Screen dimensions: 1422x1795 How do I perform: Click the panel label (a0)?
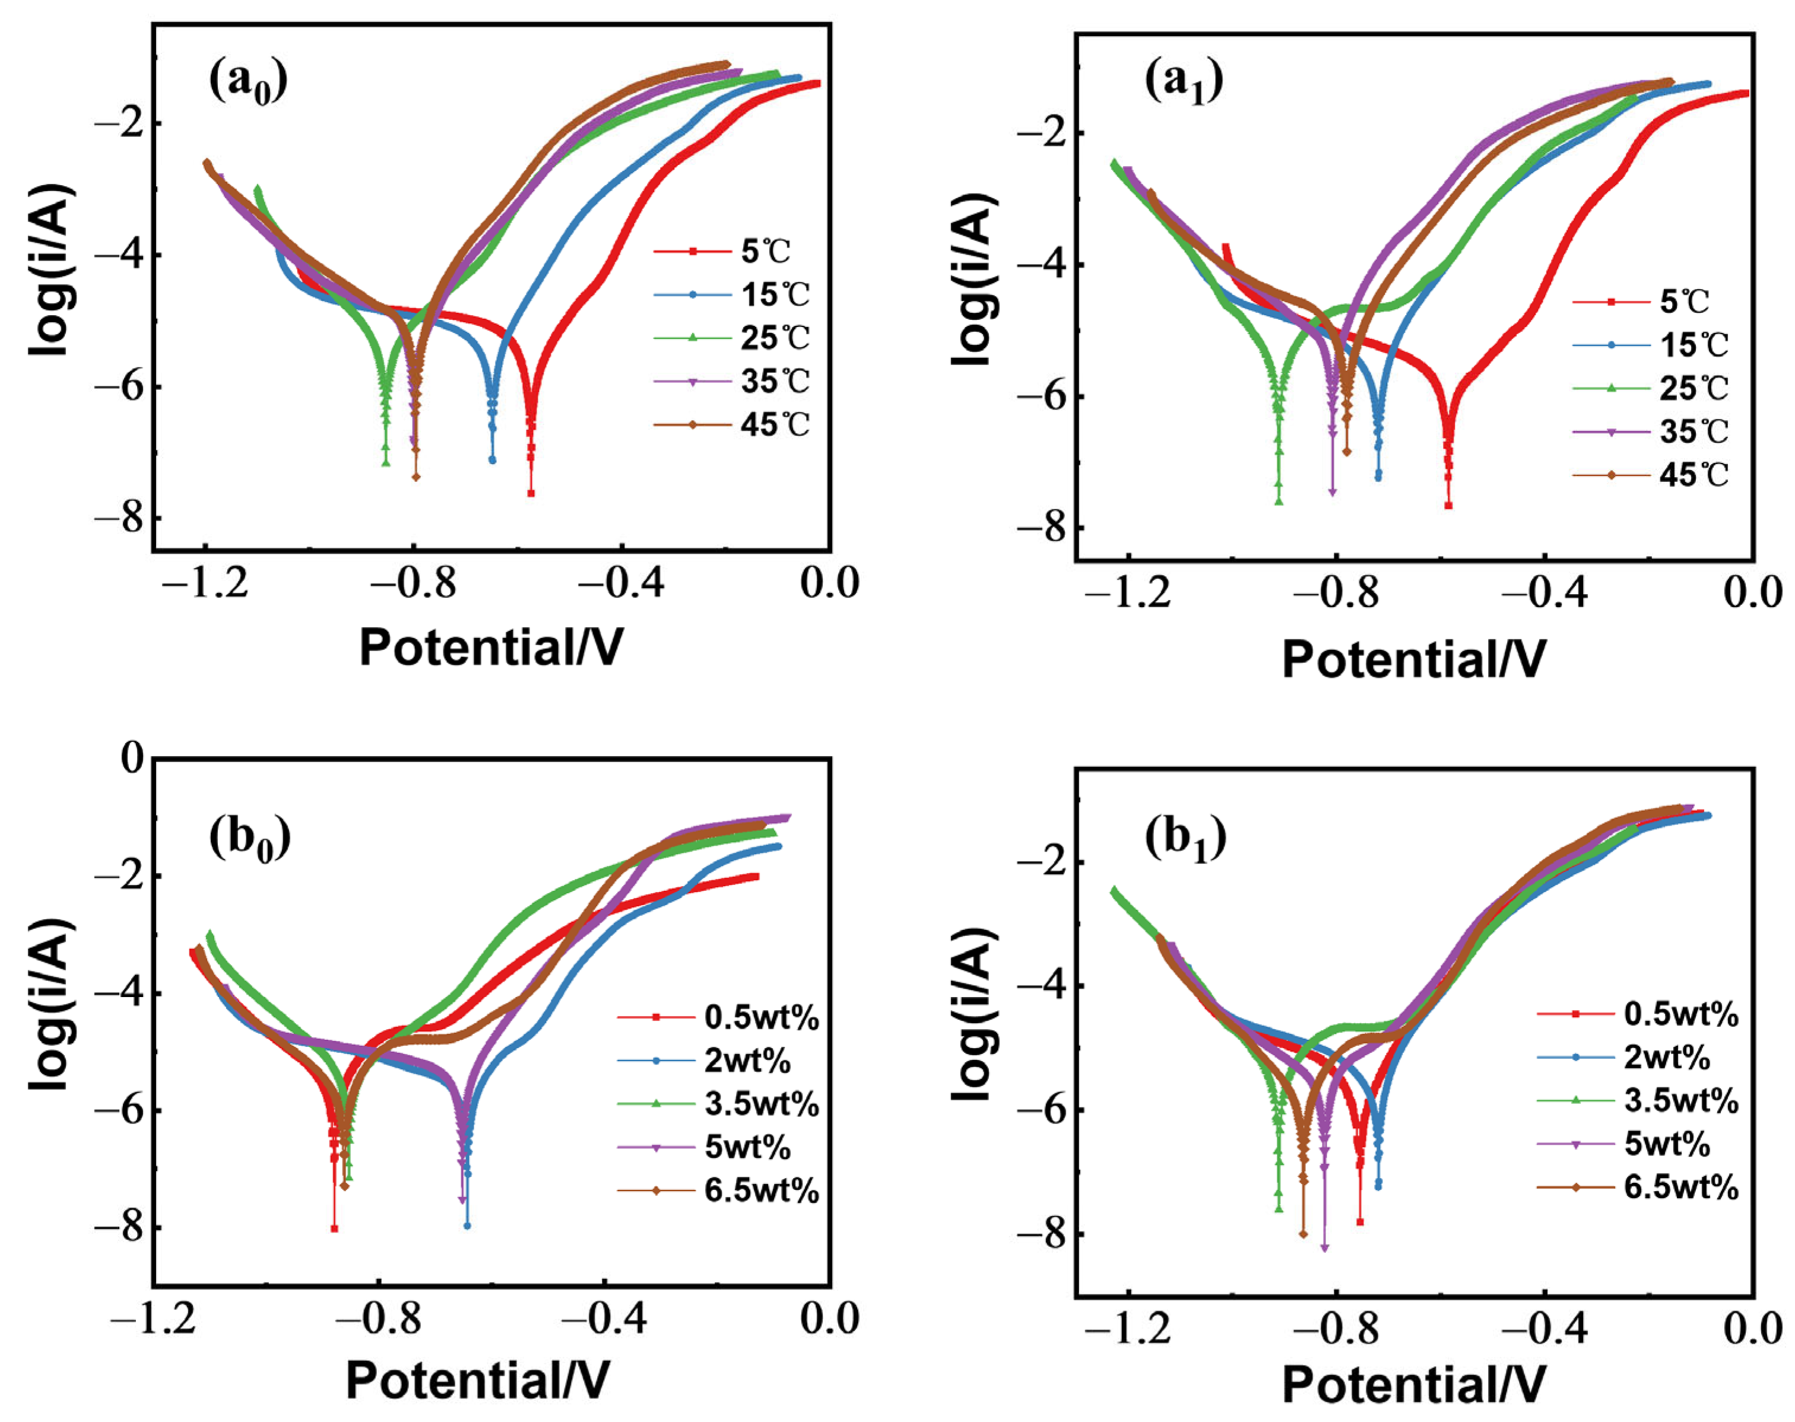248,83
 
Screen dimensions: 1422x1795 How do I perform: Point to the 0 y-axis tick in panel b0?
132,758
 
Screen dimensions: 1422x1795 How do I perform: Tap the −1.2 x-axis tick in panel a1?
1128,593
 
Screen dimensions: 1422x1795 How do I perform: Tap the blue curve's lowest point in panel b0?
467,1226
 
